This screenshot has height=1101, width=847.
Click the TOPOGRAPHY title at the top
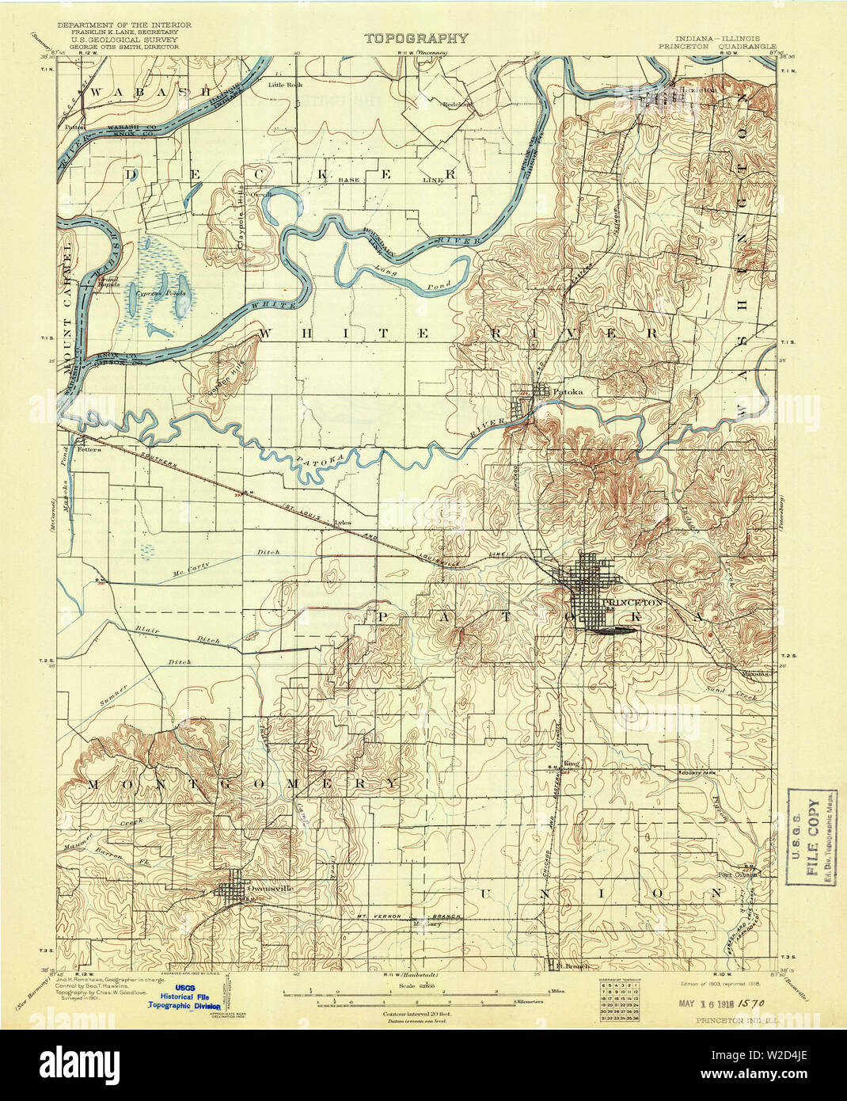[416, 38]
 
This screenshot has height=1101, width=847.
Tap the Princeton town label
[632, 603]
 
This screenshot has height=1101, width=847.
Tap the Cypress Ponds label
[161, 292]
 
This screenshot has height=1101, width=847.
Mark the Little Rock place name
[285, 84]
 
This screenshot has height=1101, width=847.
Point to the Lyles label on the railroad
[342, 523]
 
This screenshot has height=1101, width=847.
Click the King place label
[572, 763]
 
